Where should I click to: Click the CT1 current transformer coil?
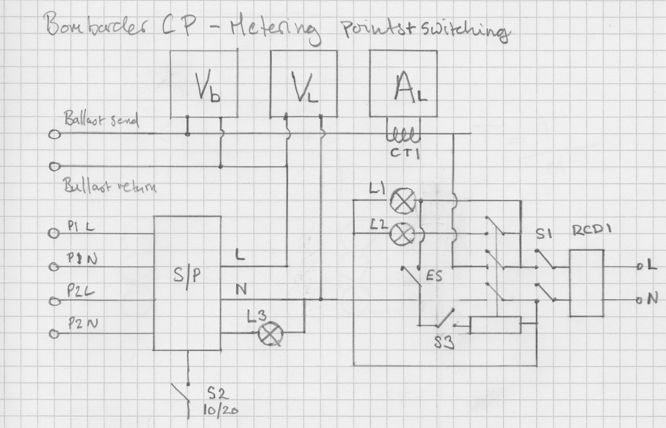[401, 134]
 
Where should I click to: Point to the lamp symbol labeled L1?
[400, 201]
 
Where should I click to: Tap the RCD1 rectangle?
[587, 282]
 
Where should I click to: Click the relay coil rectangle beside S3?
[496, 325]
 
